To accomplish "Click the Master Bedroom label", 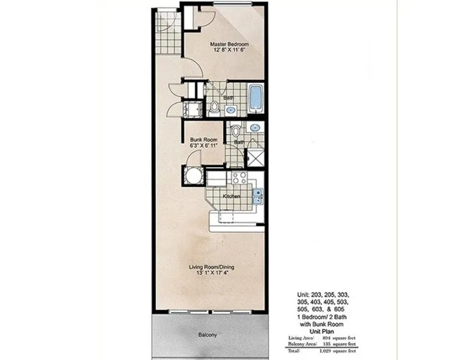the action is click(229, 44).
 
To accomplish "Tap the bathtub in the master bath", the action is click(256, 98).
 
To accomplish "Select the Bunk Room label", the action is click(203, 139).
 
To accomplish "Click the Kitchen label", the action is click(232, 197).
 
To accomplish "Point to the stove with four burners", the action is click(239, 178).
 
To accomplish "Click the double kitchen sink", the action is click(258, 197).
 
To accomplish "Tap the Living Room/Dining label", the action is click(212, 267).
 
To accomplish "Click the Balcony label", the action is click(208, 335).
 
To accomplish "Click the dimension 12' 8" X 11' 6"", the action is click(229, 50).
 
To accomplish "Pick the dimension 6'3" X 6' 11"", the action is click(203, 145).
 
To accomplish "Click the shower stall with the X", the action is click(256, 158).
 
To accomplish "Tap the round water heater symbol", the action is click(193, 176).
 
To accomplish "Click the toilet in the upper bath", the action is click(214, 109).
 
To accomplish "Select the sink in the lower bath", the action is click(254, 128).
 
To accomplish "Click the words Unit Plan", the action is click(321, 331).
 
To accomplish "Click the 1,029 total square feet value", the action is click(325, 351).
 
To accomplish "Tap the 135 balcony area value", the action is click(326, 344).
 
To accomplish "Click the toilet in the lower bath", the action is click(235, 130).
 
